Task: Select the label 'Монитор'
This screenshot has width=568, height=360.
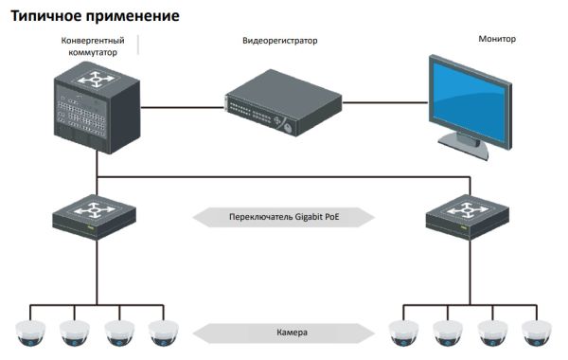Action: click(x=498, y=40)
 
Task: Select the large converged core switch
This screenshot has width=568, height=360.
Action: click(x=96, y=112)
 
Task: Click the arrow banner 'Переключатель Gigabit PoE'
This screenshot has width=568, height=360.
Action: click(x=283, y=216)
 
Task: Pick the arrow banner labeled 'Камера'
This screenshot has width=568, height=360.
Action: click(x=283, y=333)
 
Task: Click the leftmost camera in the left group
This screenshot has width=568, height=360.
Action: click(x=29, y=332)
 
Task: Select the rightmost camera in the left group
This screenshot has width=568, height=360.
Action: click(x=164, y=332)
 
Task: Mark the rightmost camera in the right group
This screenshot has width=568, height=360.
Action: click(x=536, y=332)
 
